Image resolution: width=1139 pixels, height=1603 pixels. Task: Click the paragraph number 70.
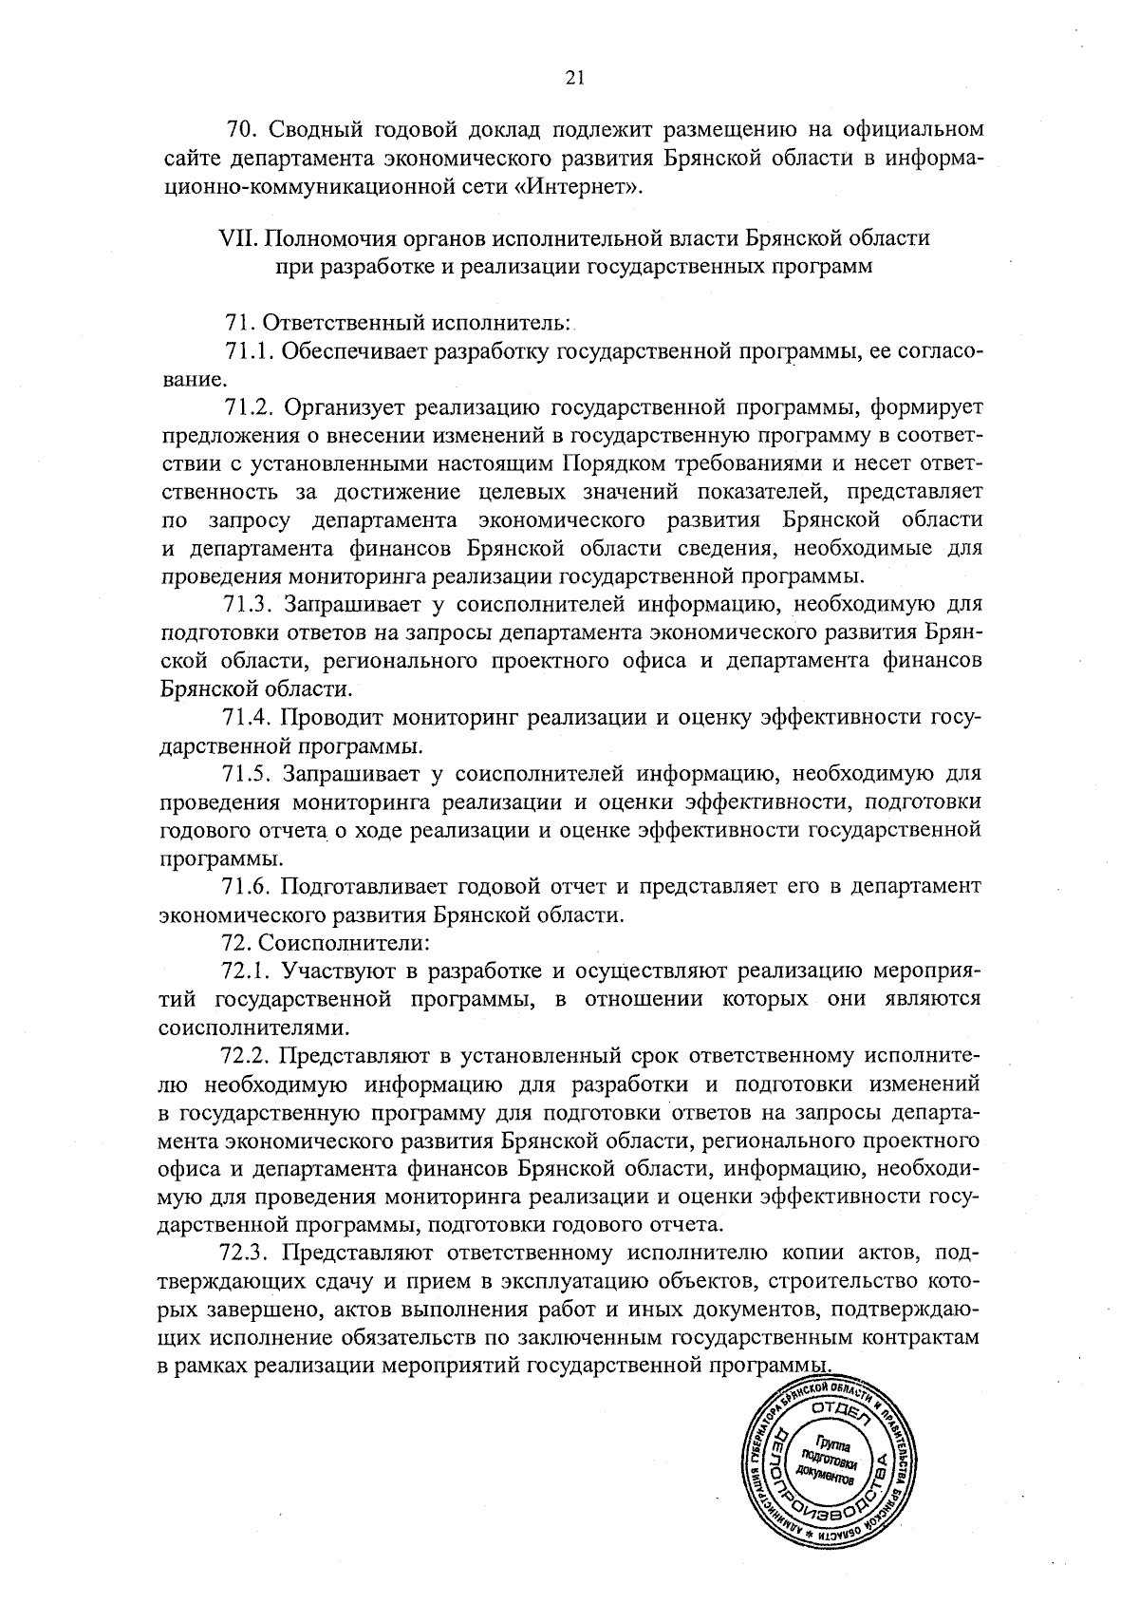(x=240, y=129)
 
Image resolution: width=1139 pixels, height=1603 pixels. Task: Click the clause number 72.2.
(x=247, y=1055)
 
